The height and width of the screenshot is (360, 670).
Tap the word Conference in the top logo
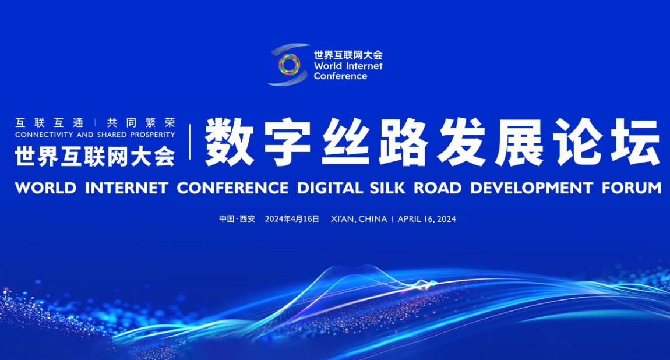(x=341, y=76)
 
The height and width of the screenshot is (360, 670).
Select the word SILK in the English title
(x=387, y=188)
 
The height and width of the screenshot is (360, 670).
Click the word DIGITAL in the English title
(x=330, y=188)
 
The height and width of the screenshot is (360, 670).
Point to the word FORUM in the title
(x=631, y=188)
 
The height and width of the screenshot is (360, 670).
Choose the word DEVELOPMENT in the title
(x=531, y=188)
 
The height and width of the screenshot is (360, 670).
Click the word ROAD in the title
(x=438, y=188)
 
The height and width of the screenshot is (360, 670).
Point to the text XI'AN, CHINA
(x=359, y=219)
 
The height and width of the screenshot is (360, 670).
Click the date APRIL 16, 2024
(x=427, y=219)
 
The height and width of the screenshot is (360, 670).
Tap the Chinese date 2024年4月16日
(x=292, y=219)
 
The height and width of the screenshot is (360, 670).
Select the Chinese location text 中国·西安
(x=237, y=219)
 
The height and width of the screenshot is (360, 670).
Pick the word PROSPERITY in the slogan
(x=153, y=135)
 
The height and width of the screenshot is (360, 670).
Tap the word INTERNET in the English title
(x=126, y=188)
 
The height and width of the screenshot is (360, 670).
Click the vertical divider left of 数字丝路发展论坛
(x=190, y=142)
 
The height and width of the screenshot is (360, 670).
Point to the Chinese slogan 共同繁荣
(x=141, y=123)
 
